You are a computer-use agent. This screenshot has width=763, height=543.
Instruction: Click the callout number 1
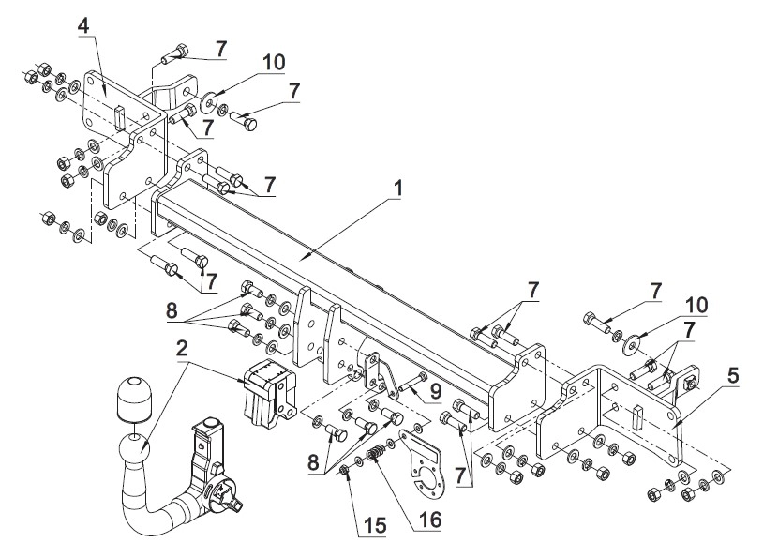click(x=398, y=189)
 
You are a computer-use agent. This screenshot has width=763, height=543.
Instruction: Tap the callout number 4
click(x=84, y=26)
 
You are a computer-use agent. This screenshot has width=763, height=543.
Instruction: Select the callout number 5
click(x=733, y=375)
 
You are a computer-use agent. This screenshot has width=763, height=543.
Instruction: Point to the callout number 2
click(x=182, y=349)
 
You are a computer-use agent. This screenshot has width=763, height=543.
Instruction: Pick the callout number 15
click(x=374, y=525)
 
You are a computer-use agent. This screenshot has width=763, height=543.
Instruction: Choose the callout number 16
click(x=429, y=520)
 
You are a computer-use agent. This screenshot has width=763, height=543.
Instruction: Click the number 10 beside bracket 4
click(x=274, y=62)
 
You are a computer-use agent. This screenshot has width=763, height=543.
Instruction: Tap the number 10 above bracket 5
click(x=696, y=306)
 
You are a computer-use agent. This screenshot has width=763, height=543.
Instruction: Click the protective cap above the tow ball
click(x=133, y=399)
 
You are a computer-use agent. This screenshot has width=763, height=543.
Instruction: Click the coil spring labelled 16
click(x=375, y=454)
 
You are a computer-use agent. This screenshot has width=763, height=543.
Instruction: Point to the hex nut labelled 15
click(x=344, y=470)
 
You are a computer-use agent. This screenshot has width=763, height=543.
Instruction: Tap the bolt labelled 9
click(x=413, y=384)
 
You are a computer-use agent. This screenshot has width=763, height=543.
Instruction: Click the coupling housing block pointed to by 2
click(x=270, y=393)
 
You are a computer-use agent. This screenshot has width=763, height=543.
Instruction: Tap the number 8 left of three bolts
click(x=172, y=310)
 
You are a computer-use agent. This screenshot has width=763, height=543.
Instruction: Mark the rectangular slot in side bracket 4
click(x=120, y=118)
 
